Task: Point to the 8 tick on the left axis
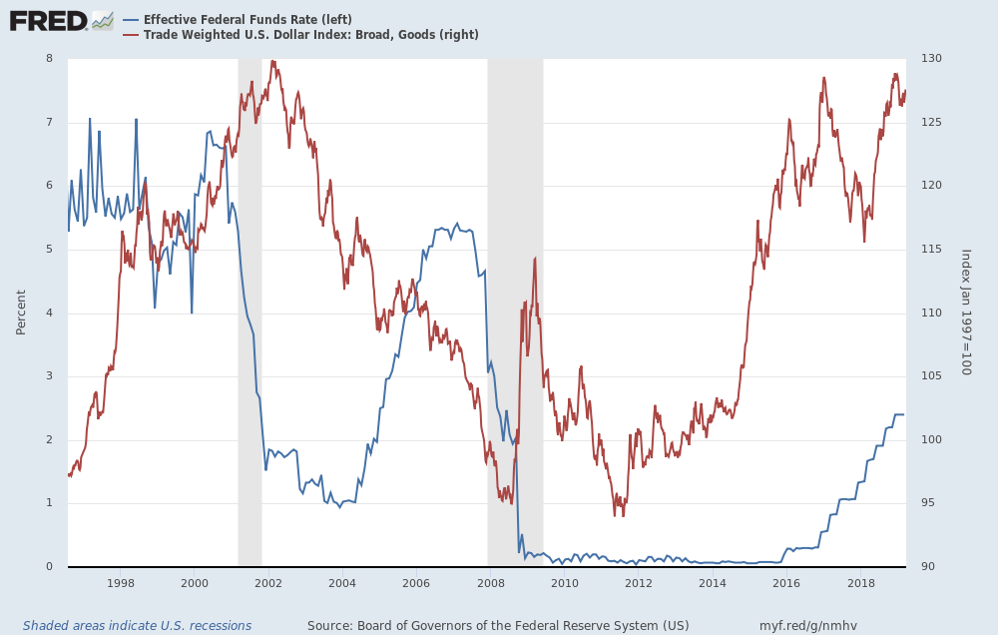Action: coord(49,59)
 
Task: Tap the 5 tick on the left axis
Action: coord(49,250)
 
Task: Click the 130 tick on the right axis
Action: coord(931,59)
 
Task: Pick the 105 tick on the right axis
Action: coord(931,376)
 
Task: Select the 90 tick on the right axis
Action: coord(929,567)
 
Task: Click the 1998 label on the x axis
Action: coord(121,582)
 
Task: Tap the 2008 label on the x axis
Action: coord(491,582)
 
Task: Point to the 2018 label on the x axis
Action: coord(861,582)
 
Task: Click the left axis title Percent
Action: coord(22,313)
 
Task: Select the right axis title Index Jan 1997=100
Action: coord(965,313)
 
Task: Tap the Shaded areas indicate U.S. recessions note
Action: coord(137,626)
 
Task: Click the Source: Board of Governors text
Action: coord(498,626)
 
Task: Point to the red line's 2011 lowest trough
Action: coord(615,515)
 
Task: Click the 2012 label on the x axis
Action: coord(639,582)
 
